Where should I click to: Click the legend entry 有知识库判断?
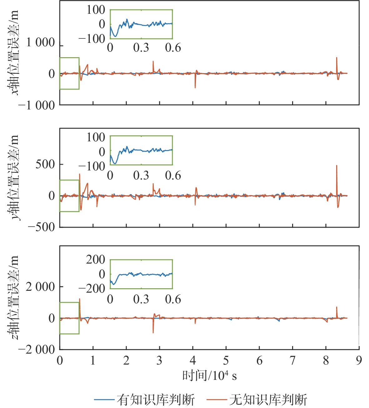click(x=155, y=400)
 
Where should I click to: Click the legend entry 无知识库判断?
click(x=268, y=400)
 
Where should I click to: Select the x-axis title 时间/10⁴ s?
click(x=209, y=375)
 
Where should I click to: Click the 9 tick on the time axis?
click(x=359, y=360)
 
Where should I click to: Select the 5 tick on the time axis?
click(x=226, y=360)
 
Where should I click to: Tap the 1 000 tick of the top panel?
click(x=41, y=43)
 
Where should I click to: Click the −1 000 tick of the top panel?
click(x=37, y=105)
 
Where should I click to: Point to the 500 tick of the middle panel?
click(x=45, y=164)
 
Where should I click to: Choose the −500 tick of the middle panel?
click(x=41, y=227)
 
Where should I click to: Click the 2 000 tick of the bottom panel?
click(x=41, y=286)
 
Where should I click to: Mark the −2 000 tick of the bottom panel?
click(x=37, y=350)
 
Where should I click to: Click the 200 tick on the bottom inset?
click(x=95, y=259)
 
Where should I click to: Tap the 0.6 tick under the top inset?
click(x=173, y=48)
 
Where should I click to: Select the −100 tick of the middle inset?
click(x=92, y=166)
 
